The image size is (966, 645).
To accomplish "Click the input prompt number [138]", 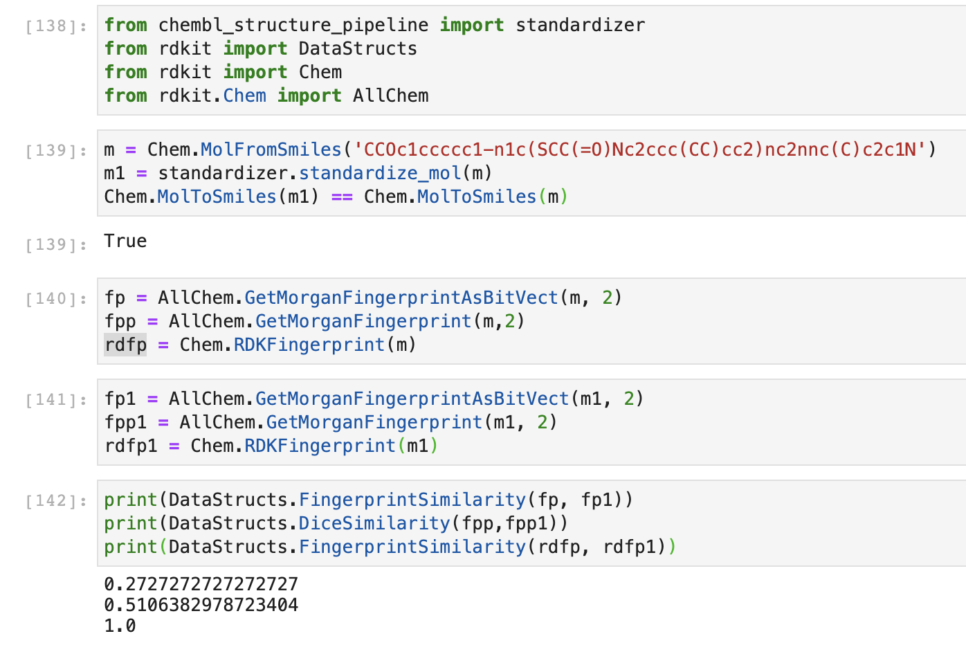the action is (56, 26).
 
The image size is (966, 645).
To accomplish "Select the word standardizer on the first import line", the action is (580, 25).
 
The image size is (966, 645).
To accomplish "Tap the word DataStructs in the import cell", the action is (358, 48).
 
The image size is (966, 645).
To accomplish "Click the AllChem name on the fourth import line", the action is (390, 96).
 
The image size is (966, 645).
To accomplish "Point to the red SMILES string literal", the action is (640, 149).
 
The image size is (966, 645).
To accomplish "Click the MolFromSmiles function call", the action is (271, 149).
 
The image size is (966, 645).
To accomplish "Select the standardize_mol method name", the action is (380, 173).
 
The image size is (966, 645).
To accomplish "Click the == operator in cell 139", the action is (341, 197).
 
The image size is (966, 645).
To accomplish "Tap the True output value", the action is (125, 241).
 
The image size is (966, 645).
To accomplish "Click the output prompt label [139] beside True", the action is (56, 244).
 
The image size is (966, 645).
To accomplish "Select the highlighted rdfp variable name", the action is (125, 345).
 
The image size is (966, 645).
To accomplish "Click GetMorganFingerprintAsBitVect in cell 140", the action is (401, 298).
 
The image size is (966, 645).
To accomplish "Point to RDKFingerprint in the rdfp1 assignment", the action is (320, 446).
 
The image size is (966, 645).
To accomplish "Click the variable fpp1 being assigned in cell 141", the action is (125, 422).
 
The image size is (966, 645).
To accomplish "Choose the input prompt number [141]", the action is (56, 399).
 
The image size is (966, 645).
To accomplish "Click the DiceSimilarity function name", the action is (374, 523).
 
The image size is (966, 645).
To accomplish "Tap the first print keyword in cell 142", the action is (131, 500).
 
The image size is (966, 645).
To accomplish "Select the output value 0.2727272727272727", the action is (201, 584).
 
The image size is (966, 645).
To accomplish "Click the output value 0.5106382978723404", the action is (201, 605).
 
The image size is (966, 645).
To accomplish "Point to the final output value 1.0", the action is (120, 626).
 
